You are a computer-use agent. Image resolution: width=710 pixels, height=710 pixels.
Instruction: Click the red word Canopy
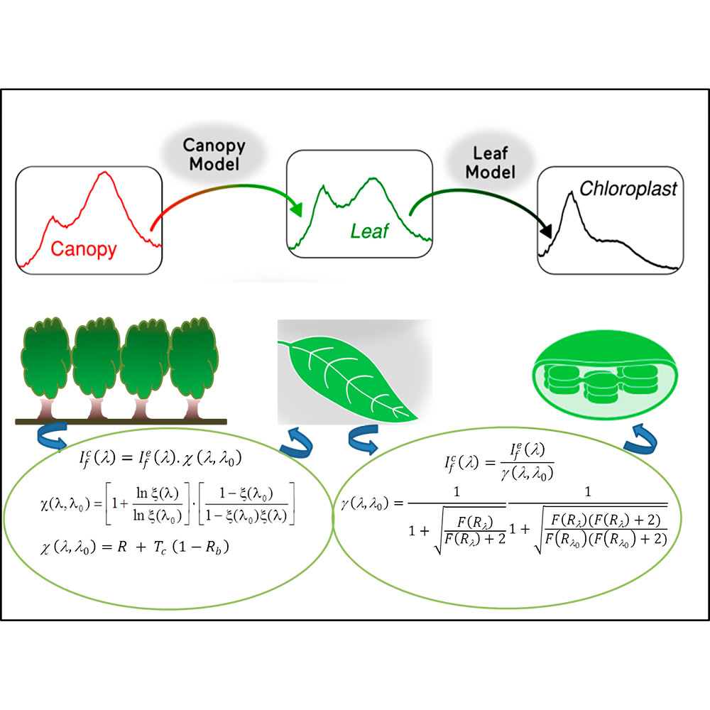[x=83, y=249]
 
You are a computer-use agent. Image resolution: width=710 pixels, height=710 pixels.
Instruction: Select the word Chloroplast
[x=629, y=190]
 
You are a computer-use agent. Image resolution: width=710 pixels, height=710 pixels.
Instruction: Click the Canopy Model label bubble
[x=214, y=155]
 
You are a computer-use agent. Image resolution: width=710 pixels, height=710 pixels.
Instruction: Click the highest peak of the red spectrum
[x=106, y=173]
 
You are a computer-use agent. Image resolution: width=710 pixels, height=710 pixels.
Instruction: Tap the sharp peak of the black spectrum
[x=570, y=193]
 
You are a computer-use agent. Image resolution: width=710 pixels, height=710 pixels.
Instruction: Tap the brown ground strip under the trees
[x=121, y=422]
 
